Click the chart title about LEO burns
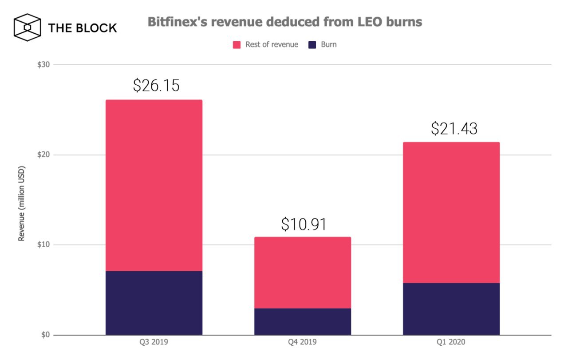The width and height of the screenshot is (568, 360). click(x=284, y=22)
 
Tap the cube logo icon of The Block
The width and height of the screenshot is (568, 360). click(x=27, y=28)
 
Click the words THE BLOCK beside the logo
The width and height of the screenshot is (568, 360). click(x=83, y=28)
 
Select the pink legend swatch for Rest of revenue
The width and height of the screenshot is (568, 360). click(x=237, y=45)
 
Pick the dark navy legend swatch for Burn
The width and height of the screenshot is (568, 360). click(x=312, y=45)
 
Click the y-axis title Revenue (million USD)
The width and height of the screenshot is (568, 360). click(x=21, y=204)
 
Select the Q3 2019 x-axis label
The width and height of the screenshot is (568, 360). click(x=154, y=343)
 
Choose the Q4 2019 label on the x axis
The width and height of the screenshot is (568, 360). click(x=303, y=343)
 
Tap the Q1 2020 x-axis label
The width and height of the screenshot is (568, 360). click(x=451, y=343)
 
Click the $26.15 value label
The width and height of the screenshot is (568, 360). click(x=156, y=85)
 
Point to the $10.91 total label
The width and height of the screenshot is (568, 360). click(x=304, y=224)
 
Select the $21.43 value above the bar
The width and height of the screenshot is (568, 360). click(x=454, y=128)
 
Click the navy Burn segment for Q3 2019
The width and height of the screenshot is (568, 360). click(x=154, y=303)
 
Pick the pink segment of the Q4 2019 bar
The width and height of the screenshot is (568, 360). click(x=303, y=273)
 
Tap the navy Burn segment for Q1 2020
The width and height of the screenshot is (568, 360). click(x=451, y=309)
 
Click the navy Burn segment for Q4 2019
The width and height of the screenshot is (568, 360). click(x=303, y=322)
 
